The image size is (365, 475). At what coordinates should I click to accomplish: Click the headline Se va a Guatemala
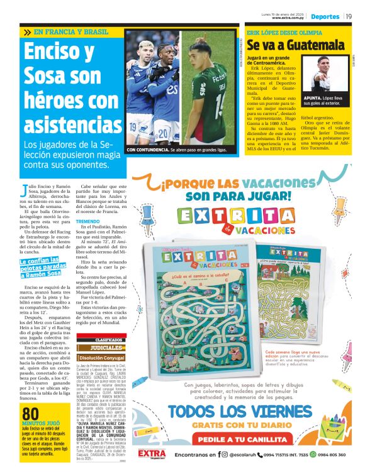click(x=295, y=46)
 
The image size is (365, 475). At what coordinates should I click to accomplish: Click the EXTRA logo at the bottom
click(x=152, y=454)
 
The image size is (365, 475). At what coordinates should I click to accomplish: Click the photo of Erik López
click(x=327, y=74)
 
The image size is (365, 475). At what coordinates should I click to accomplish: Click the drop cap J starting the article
click(x=25, y=189)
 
